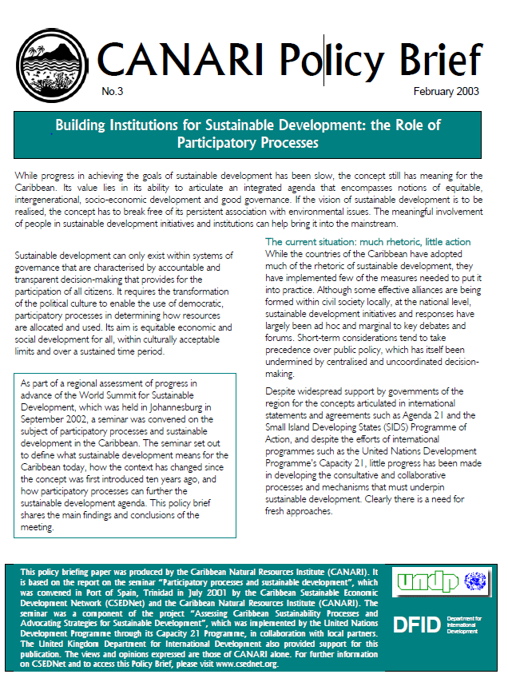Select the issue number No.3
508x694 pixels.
click(113, 91)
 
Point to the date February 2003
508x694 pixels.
click(446, 91)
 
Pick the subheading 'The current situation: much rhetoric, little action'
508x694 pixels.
click(367, 242)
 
